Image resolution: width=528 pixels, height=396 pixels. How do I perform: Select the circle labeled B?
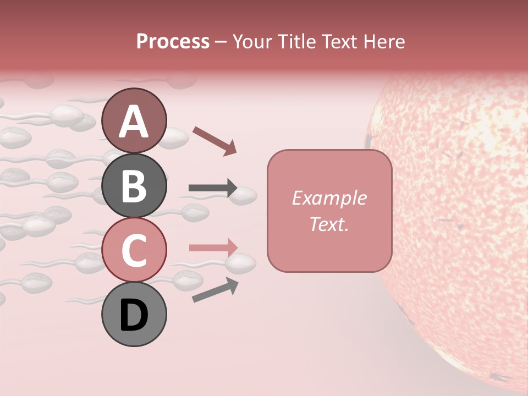click(x=134, y=185)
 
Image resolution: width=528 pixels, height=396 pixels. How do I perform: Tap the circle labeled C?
click(x=134, y=250)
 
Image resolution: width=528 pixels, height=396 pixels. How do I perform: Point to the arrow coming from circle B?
click(x=212, y=188)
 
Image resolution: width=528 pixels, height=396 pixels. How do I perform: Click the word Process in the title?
click(x=173, y=41)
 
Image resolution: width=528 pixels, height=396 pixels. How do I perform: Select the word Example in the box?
click(x=329, y=198)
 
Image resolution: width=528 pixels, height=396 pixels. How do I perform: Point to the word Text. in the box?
click(x=329, y=224)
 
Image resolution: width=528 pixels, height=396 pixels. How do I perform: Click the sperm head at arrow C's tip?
click(x=242, y=263)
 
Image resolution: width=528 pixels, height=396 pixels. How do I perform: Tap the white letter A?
click(x=134, y=121)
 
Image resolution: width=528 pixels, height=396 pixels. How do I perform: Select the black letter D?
click(x=134, y=316)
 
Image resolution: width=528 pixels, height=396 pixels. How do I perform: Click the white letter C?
click(x=134, y=251)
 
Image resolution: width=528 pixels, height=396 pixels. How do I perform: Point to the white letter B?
click(x=134, y=186)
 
